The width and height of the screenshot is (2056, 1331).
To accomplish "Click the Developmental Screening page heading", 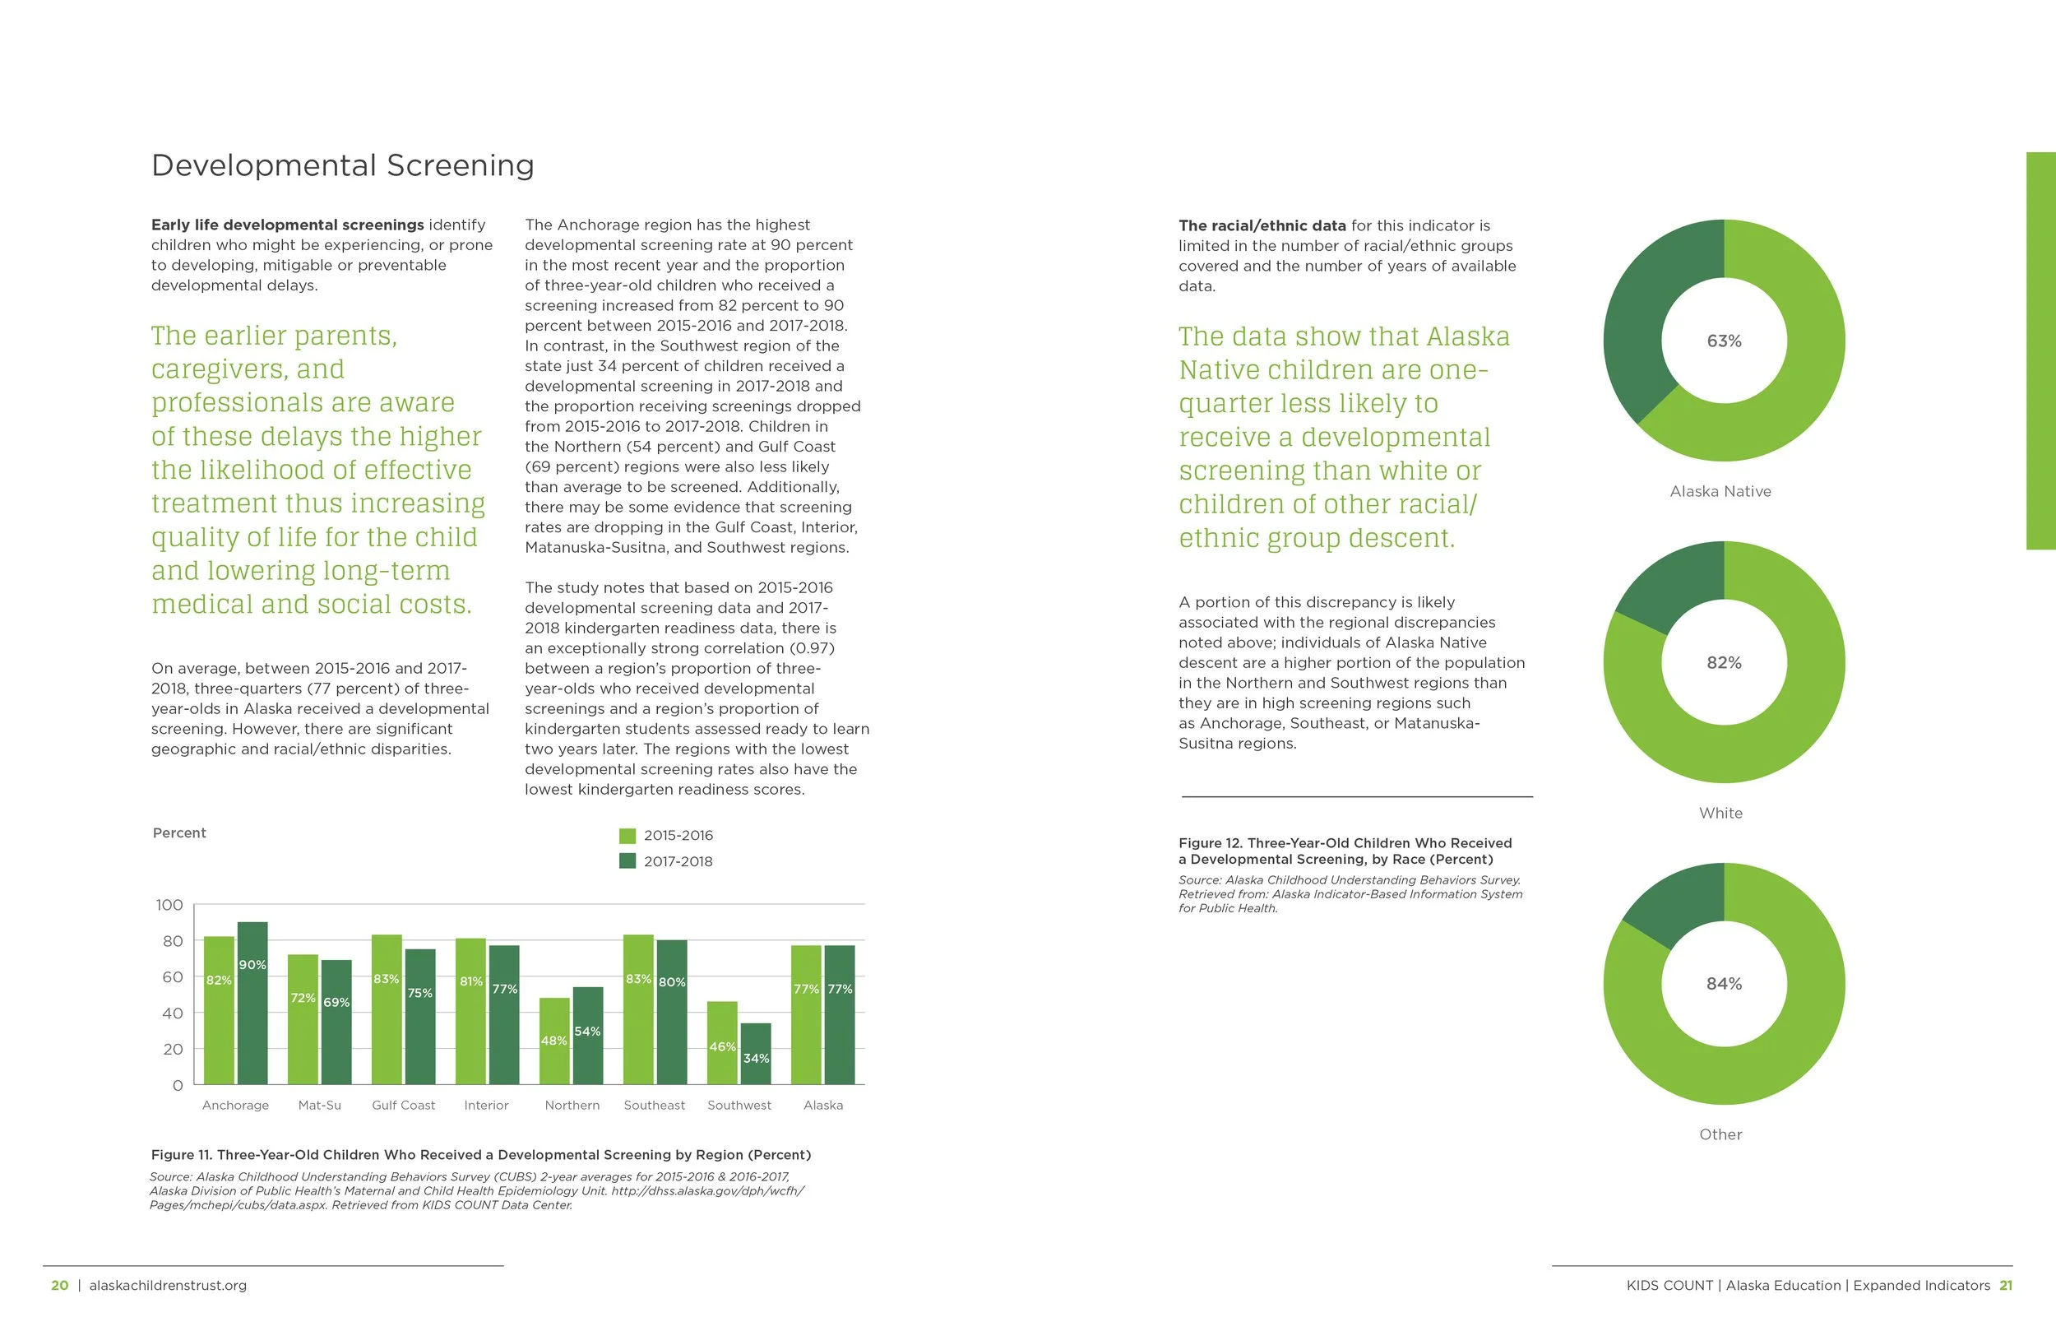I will coord(342,165).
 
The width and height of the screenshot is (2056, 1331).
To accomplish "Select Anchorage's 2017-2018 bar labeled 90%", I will coord(252,1003).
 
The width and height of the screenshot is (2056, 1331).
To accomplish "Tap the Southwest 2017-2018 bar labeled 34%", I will coord(756,1054).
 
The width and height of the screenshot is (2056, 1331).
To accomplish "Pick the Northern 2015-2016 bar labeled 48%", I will coord(554,1041).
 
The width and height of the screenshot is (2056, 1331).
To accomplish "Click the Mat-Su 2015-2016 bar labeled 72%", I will coord(303,1019).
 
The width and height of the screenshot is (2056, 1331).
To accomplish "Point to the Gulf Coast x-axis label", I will coord(404,1106).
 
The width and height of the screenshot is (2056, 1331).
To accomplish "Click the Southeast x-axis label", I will coord(654,1106).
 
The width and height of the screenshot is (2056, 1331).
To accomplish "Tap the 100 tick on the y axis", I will coord(169,905).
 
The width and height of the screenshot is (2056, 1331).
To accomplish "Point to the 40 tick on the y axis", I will coord(172,1013).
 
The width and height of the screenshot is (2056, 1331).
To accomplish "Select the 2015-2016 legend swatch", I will coord(628,836).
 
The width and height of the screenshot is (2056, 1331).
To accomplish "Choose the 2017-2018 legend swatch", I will coord(628,861).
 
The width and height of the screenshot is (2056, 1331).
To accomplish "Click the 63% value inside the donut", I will coord(1724,341).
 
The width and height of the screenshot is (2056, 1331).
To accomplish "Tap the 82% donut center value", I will coord(1724,663).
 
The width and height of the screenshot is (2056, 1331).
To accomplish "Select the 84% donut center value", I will coord(1724,985).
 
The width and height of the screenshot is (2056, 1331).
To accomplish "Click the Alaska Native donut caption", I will coord(1720,492).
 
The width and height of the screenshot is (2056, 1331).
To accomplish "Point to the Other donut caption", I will coord(1720,1135).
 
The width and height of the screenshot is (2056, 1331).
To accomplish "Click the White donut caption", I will coord(1720,814).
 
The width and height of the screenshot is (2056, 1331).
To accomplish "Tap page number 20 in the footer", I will coord(59,1286).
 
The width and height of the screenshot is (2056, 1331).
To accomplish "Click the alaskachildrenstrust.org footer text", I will coord(168,1286).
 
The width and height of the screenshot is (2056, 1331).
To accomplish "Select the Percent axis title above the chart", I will coord(178,833).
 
